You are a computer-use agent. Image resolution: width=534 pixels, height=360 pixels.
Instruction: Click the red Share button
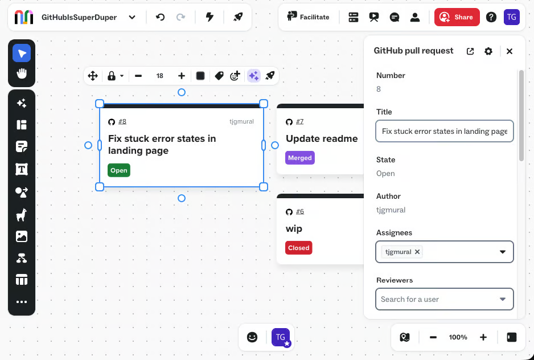click(x=457, y=17)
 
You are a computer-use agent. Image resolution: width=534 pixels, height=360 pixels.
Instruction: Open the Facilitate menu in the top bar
click(x=308, y=17)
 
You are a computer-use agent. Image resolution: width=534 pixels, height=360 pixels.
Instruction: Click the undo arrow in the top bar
click(x=160, y=17)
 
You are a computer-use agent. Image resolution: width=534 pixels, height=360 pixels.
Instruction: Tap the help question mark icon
click(x=491, y=17)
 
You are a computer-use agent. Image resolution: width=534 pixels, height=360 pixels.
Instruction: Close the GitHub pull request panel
click(x=510, y=51)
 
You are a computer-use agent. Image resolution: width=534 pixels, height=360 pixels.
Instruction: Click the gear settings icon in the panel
click(x=488, y=51)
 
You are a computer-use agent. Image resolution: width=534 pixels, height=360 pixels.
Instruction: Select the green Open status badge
click(x=119, y=170)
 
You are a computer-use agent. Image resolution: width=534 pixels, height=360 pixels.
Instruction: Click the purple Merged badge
click(x=300, y=158)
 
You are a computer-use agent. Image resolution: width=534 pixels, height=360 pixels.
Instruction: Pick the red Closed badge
click(x=299, y=248)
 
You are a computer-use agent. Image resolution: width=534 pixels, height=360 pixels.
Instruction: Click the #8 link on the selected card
click(x=122, y=121)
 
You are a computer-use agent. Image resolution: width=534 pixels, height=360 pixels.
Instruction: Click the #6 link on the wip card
click(x=300, y=211)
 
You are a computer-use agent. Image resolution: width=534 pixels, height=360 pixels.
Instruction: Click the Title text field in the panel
click(x=445, y=131)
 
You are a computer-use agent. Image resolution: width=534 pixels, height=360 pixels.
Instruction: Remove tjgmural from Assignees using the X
click(x=417, y=252)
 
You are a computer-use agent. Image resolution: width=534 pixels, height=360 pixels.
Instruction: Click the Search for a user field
click(x=445, y=299)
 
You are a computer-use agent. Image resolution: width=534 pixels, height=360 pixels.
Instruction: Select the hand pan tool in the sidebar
click(x=22, y=73)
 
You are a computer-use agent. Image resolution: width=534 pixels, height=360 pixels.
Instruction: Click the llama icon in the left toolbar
click(x=22, y=215)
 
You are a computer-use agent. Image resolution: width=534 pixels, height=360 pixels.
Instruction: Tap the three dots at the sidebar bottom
click(x=22, y=302)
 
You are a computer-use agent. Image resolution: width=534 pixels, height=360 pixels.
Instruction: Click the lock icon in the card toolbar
click(x=112, y=76)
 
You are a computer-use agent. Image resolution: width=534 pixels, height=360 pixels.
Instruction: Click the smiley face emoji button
click(x=252, y=337)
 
